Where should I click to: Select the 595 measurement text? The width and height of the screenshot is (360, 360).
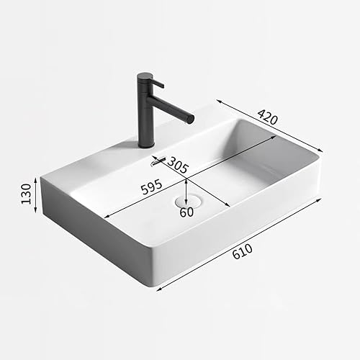pyautogui.click(x=151, y=189)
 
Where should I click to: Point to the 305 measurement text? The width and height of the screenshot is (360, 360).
pyautogui.click(x=178, y=166)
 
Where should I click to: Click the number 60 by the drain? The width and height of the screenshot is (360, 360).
pyautogui.click(x=186, y=212)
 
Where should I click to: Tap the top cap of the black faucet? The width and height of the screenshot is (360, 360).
pyautogui.click(x=145, y=74)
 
